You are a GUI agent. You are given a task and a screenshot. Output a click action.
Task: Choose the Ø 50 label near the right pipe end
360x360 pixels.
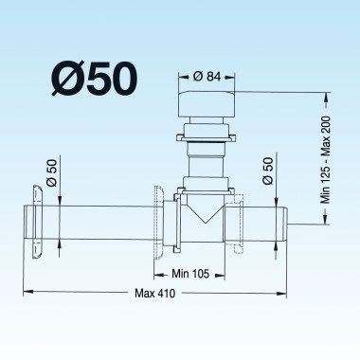pos(268,171)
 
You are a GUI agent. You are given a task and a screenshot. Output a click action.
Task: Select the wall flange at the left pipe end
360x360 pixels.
pos(38,223)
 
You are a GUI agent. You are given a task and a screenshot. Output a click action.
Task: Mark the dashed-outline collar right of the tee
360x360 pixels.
pos(238,223)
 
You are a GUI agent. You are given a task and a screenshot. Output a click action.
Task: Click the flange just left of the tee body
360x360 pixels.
pos(157,223)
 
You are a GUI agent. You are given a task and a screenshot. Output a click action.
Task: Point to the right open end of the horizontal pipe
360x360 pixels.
pos(287,224)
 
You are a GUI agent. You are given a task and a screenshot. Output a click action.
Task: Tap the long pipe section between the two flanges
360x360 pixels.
pos(95,224)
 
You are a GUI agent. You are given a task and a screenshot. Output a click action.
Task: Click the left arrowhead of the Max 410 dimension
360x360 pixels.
pos(26,291)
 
